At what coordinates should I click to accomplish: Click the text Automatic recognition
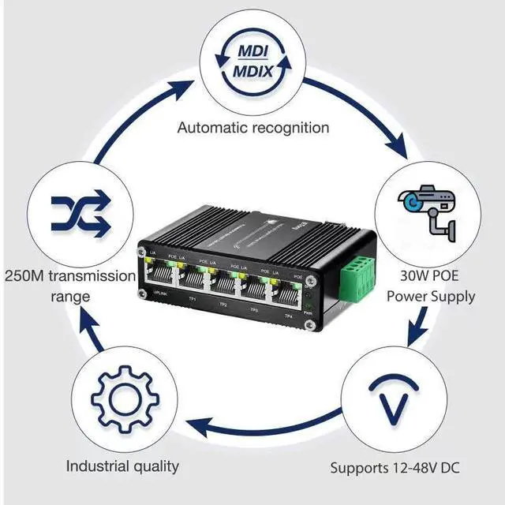tap(252, 127)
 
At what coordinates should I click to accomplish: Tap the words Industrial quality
tap(122, 466)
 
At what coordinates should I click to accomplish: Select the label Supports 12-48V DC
tap(395, 468)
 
